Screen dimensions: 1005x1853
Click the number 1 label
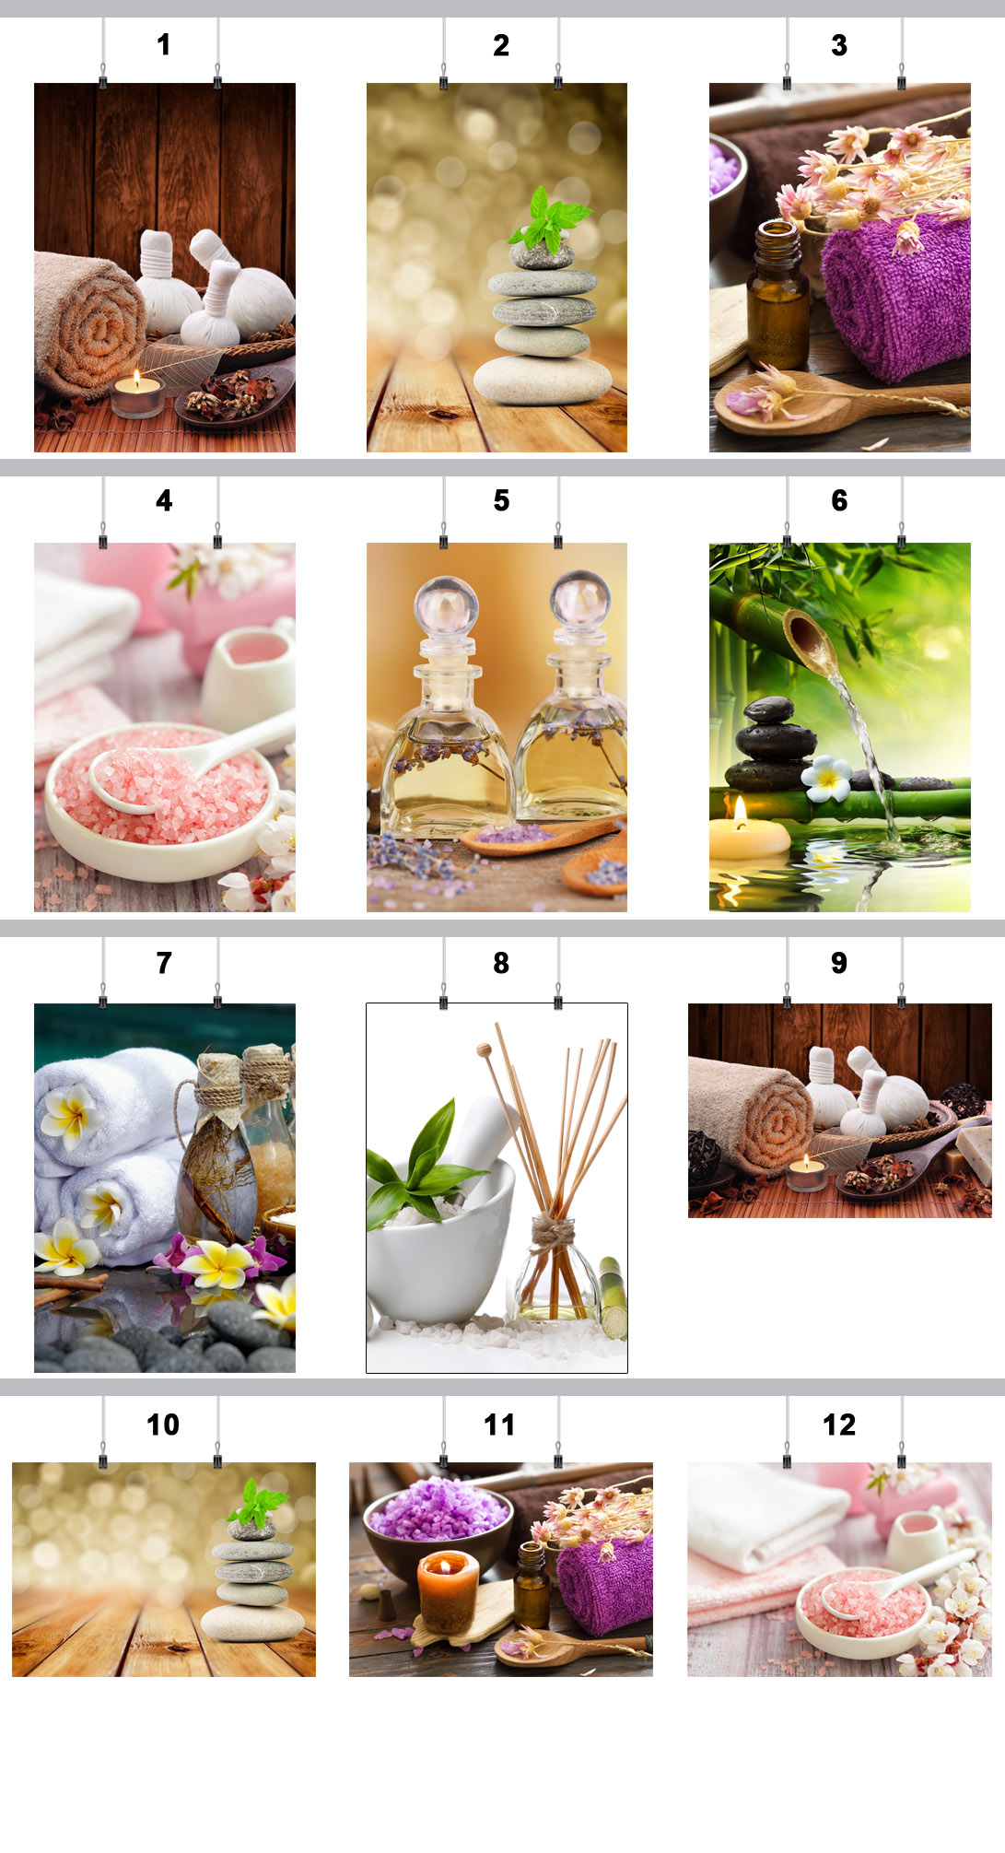point(163,44)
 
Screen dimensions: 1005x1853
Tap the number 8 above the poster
point(501,963)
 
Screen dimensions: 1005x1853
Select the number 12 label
point(839,1425)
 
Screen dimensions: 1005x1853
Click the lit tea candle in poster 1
point(137,395)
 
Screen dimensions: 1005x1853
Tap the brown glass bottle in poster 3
point(777,295)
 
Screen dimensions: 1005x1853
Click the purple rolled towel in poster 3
point(896,297)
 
